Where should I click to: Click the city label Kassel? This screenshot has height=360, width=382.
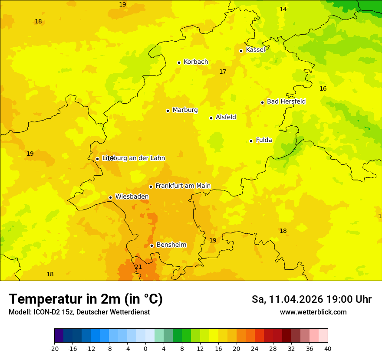pos(255,50)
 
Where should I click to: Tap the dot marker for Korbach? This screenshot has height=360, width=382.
pos(179,62)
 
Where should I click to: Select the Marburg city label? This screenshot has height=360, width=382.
pos(185,110)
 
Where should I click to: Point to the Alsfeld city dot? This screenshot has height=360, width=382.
pos(211,118)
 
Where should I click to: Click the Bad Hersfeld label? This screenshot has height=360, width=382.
pos(286,101)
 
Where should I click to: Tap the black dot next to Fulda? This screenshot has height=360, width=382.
pos(251,141)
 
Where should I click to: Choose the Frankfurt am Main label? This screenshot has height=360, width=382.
pos(183,186)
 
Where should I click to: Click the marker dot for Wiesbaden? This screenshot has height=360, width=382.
pos(111,197)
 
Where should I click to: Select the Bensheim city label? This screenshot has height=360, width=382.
pos(171,245)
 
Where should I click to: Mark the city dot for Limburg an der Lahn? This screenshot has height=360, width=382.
pos(97,159)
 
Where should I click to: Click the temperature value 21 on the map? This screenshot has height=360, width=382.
pos(138,267)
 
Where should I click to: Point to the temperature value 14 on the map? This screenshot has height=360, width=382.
pos(283,9)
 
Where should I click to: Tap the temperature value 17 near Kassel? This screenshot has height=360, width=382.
pos(223,72)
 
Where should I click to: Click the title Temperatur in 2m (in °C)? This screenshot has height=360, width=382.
pos(86,299)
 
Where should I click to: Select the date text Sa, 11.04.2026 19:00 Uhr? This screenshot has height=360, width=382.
pos(311,299)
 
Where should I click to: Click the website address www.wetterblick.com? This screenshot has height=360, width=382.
pos(313,312)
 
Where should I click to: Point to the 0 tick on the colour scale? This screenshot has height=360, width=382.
pos(145,348)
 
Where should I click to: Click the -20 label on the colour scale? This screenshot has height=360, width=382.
pos(54,348)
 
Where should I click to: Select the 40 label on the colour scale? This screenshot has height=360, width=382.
pos(328,348)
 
